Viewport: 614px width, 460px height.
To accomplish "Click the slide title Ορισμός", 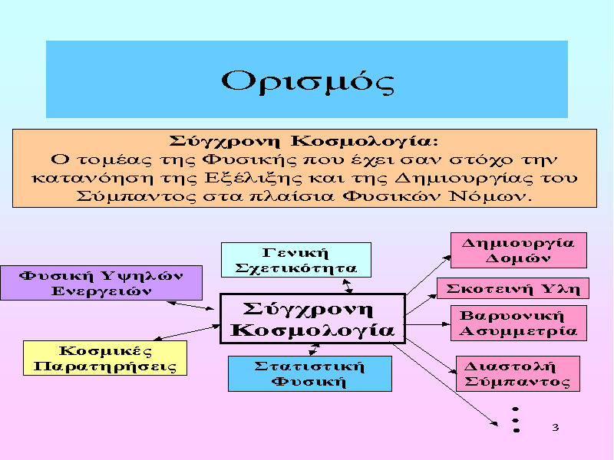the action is pos(308,81).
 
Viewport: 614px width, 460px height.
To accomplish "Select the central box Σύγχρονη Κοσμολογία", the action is pos(312,319).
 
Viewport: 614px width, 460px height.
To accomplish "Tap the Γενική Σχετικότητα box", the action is pos(296,260).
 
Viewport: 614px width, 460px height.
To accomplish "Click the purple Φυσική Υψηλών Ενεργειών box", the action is pos(101,283).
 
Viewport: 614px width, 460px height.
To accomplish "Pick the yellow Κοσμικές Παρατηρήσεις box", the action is pos(105,358).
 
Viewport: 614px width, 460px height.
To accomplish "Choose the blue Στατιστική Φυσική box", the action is pos(310,373).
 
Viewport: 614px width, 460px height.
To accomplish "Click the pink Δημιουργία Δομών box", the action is pos(519,251).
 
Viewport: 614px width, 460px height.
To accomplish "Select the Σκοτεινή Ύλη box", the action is pos(513,288).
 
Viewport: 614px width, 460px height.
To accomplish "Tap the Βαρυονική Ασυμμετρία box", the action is pos(519,323).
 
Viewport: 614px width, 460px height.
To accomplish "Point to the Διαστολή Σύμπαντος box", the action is pos(517,373).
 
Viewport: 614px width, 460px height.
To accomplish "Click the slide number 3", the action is pos(555,427).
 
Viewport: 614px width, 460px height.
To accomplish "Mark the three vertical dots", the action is pos(516,419).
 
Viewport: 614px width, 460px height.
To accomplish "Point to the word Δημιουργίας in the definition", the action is pos(464,178).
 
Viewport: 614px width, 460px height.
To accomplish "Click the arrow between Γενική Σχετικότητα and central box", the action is pos(348,286).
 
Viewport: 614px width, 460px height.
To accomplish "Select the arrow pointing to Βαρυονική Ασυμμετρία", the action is pos(428,324).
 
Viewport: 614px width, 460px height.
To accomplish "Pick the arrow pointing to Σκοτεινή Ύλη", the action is pos(421,304).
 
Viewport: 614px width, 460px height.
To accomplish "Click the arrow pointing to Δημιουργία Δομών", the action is pos(428,275).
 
